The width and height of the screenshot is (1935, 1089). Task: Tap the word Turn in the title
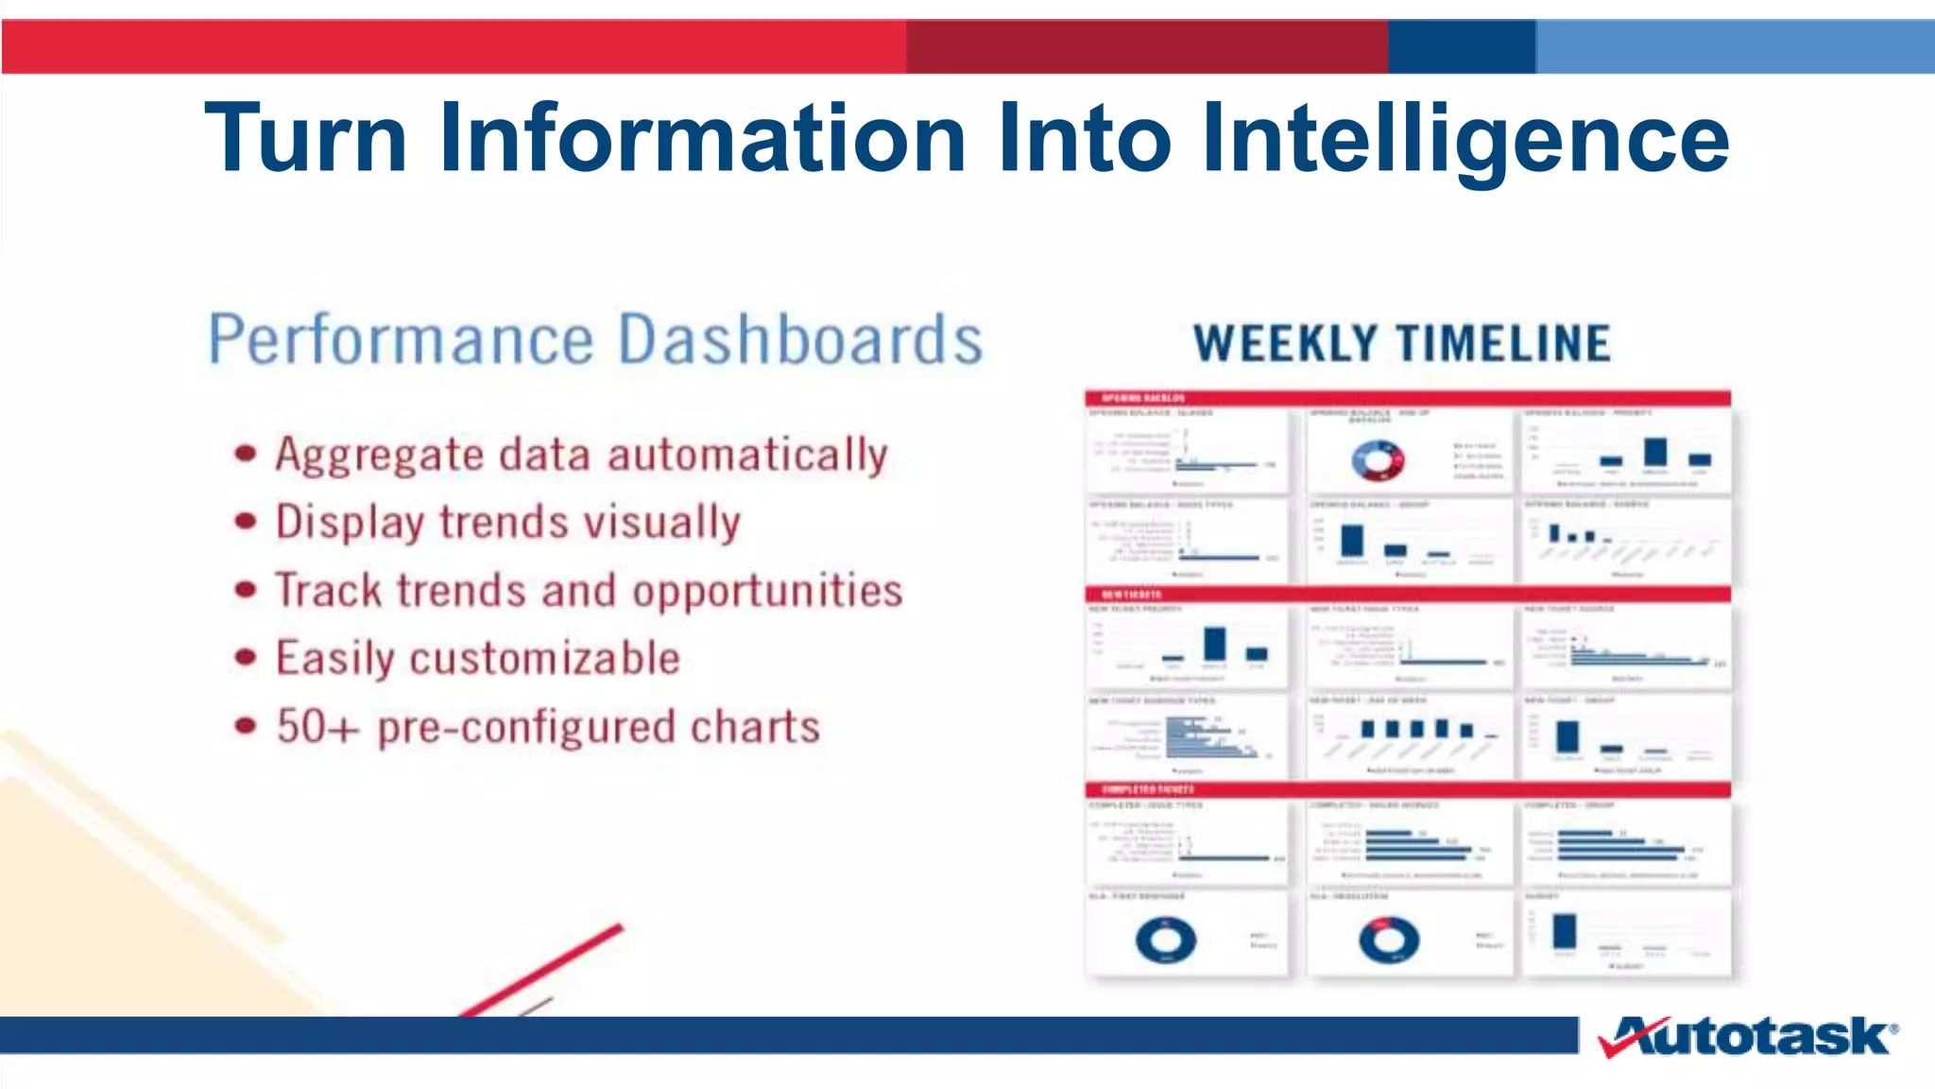point(305,140)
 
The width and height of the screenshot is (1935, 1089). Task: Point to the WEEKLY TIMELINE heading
point(1401,343)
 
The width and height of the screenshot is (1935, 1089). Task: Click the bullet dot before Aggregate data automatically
point(246,454)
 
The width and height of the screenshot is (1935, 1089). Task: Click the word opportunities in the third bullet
point(767,592)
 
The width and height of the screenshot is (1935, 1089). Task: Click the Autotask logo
point(1748,1037)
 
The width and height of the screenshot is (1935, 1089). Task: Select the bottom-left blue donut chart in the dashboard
point(1165,940)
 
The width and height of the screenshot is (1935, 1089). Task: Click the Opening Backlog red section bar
point(1408,398)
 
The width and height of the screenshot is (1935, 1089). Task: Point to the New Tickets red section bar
point(1408,595)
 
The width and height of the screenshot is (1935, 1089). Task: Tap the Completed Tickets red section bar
point(1408,789)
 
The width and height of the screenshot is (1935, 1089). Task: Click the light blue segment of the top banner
point(1735,46)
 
